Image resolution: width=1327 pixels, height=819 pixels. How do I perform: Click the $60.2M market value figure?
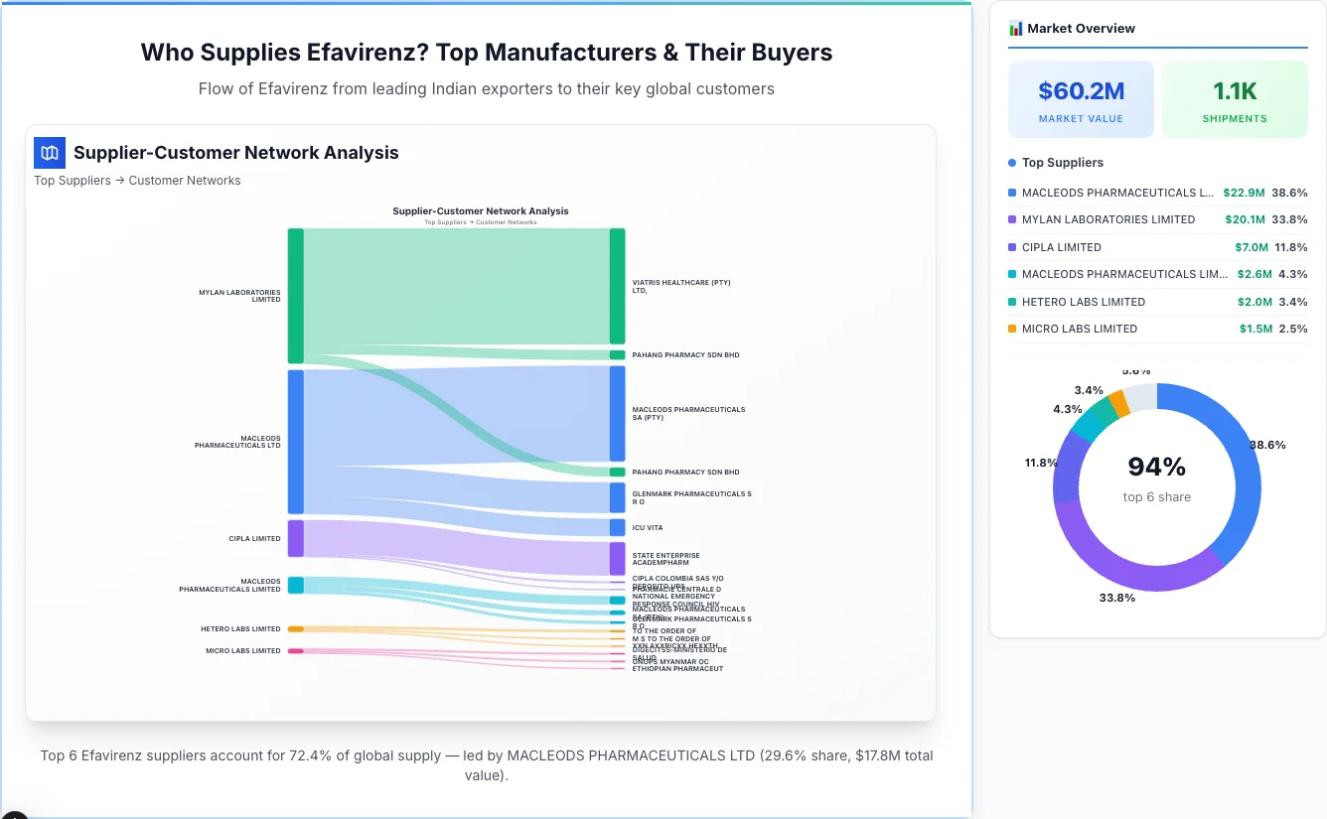pos(1081,91)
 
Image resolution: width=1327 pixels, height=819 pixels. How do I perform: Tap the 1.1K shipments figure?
pos(1235,91)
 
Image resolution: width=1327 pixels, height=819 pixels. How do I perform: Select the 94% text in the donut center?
pos(1156,467)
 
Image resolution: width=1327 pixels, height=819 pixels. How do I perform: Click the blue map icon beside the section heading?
pos(50,153)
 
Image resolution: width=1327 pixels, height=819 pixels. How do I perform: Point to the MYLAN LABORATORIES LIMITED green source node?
pos(296,296)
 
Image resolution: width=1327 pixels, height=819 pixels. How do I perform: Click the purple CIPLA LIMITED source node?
pos(296,538)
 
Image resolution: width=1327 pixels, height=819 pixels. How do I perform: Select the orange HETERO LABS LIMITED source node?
pos(296,628)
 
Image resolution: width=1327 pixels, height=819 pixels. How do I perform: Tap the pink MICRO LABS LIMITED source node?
pos(296,651)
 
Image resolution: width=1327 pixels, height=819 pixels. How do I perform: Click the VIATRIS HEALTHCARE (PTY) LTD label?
pos(680,286)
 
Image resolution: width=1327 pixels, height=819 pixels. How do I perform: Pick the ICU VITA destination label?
pos(648,528)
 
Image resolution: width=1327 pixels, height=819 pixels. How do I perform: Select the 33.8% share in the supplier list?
pos(1289,219)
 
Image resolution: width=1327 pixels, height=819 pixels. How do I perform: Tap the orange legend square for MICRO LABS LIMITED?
pos(1012,329)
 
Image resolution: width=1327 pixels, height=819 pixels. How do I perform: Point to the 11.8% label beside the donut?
pos(1041,463)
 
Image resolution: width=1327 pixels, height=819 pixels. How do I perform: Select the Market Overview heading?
pos(1081,28)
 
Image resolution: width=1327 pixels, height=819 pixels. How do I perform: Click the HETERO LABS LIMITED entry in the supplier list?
pos(1083,302)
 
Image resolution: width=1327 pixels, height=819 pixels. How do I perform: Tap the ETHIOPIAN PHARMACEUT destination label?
pos(677,669)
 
